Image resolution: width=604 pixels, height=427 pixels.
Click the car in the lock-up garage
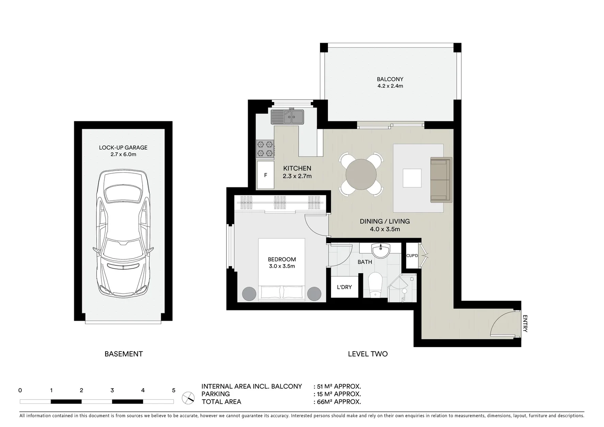coord(123,233)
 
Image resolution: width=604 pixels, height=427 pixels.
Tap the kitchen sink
coord(287,117)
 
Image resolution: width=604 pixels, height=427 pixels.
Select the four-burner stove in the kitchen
coord(265,149)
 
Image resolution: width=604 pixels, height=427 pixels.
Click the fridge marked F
coord(265,175)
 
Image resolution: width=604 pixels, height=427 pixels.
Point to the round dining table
coord(361,174)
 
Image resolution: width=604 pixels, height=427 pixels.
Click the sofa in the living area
coord(440,179)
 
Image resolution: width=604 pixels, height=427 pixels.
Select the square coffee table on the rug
coord(412,178)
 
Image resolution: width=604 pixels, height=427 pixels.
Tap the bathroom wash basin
coord(380,251)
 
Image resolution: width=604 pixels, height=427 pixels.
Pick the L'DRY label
coord(344,287)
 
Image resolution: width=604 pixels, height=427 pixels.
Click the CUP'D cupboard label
coord(412,256)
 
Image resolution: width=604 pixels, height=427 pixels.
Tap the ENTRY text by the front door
coord(525,323)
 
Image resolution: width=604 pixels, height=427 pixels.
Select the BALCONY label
coord(390,79)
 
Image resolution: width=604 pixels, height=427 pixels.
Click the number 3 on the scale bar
coord(112,390)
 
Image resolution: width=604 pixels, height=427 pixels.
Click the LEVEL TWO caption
coord(367,354)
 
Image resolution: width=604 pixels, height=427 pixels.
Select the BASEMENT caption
coord(123,354)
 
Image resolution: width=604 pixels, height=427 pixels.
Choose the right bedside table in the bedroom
coord(314,293)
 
